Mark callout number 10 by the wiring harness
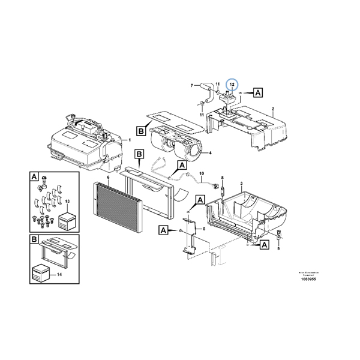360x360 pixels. pyautogui.click(x=68, y=200)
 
